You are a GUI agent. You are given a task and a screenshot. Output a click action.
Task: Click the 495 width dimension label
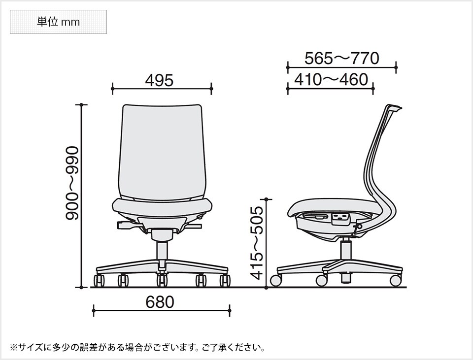point(159,80)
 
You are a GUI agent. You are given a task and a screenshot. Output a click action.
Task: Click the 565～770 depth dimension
point(341,58)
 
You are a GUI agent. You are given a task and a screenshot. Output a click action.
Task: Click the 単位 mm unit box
point(58,22)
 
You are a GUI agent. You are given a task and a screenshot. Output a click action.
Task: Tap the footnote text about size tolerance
point(137,348)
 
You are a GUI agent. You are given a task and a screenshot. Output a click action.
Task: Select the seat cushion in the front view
point(162,207)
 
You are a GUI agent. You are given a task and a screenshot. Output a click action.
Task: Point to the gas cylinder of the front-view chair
point(161,251)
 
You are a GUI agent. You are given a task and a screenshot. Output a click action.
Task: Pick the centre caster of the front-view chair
point(162,281)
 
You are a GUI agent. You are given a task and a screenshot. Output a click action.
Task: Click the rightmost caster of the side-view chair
point(395,280)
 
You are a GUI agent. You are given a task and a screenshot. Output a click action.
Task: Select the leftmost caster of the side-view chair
point(275,281)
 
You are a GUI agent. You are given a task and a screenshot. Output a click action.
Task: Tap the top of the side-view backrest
point(394,107)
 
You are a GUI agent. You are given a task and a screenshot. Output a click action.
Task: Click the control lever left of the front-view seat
point(126,225)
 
